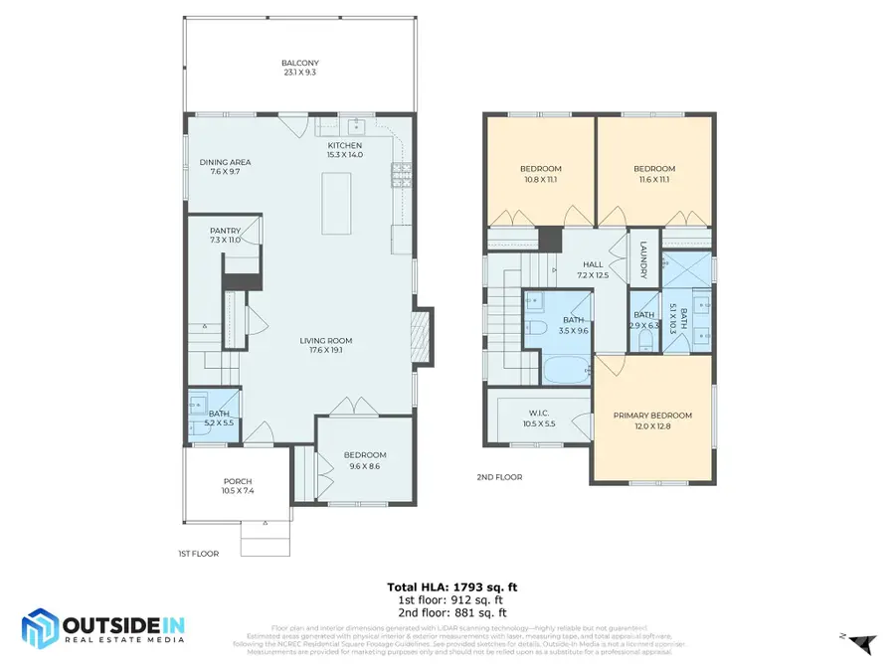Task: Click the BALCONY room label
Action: (298, 64)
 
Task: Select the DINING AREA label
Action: (225, 162)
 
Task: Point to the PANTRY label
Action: (225, 231)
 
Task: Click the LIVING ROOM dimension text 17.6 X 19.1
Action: (326, 350)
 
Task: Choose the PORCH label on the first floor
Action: (238, 481)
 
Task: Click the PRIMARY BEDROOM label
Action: (652, 416)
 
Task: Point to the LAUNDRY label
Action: (643, 261)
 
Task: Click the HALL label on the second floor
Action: (594, 264)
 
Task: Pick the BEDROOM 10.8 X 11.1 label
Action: (540, 168)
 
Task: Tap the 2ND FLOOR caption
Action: (498, 477)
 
